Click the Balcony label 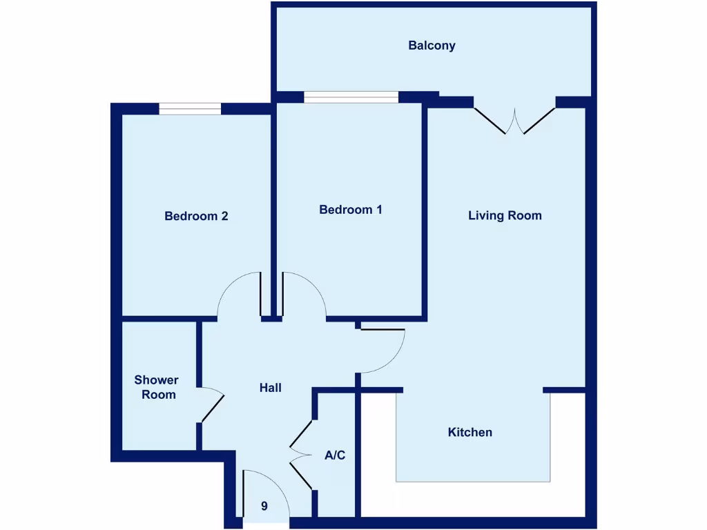pyautogui.click(x=432, y=46)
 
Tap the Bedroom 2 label pyautogui.click(x=196, y=216)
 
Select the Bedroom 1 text pyautogui.click(x=350, y=210)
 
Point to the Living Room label pyautogui.click(x=505, y=215)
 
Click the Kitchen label pyautogui.click(x=470, y=432)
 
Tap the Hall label pyautogui.click(x=270, y=388)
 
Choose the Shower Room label pyautogui.click(x=156, y=387)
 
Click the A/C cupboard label pyautogui.click(x=335, y=455)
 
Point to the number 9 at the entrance pyautogui.click(x=264, y=506)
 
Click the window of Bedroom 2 pyautogui.click(x=190, y=108)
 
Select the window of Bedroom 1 pyautogui.click(x=351, y=97)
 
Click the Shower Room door pyautogui.click(x=211, y=407)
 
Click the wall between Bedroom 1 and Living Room pyautogui.click(x=425, y=207)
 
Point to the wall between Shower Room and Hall pyautogui.click(x=198, y=352)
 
